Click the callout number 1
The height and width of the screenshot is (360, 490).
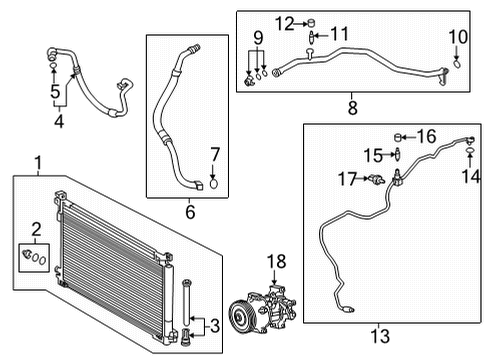click(x=37, y=163)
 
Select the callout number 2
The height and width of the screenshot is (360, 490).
click(x=35, y=228)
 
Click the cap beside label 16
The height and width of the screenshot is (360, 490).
click(x=398, y=134)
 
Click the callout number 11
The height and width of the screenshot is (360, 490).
click(x=339, y=34)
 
